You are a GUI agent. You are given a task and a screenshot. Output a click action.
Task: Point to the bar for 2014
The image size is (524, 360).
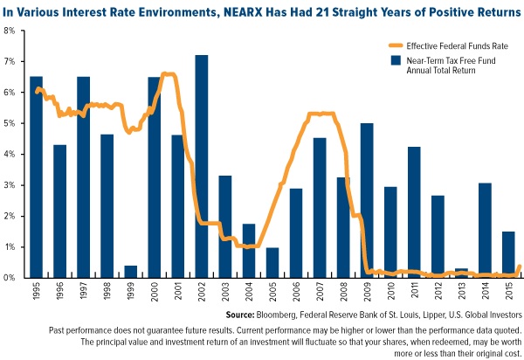tap(485, 230)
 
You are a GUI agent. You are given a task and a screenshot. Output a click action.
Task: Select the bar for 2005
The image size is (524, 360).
tap(272, 262)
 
